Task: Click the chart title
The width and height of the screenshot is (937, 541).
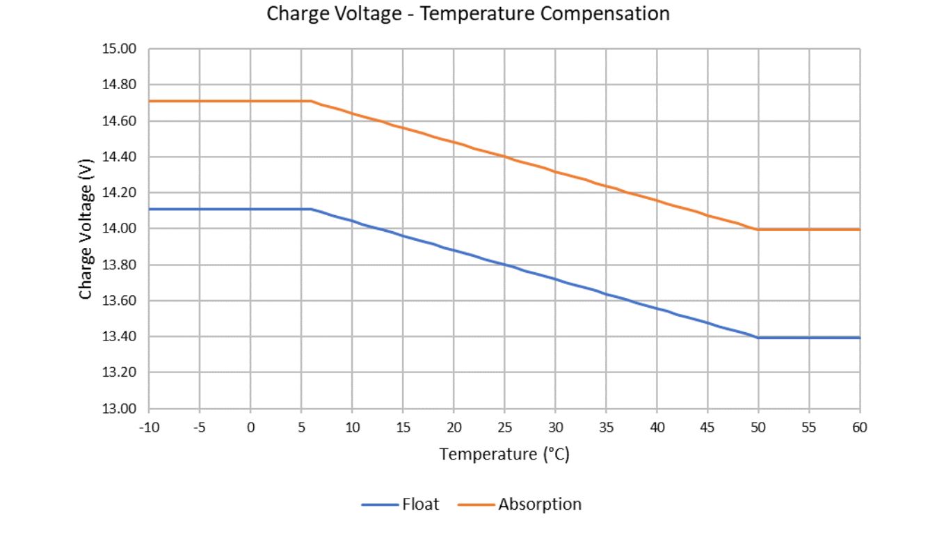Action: click(x=468, y=14)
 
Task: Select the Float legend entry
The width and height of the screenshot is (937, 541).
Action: click(x=420, y=504)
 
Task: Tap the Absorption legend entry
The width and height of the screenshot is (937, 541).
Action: click(x=539, y=504)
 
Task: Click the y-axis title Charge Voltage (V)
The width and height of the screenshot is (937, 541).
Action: click(x=86, y=229)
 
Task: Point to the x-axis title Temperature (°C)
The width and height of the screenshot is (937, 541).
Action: click(x=504, y=455)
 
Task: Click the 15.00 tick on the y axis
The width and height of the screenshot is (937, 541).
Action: click(x=120, y=49)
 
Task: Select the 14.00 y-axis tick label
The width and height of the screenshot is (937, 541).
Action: click(x=120, y=229)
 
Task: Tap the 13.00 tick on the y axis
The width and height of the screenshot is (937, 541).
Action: click(x=120, y=409)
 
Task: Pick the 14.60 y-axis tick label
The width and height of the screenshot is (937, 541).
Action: click(x=120, y=121)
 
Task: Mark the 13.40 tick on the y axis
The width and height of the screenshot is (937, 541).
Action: click(x=120, y=337)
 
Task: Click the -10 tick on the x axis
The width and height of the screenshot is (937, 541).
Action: click(x=149, y=428)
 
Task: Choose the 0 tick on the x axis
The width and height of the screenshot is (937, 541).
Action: click(x=250, y=428)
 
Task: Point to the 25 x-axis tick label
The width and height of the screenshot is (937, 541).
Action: click(x=504, y=428)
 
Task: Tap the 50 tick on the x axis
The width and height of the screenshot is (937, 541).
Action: click(x=758, y=428)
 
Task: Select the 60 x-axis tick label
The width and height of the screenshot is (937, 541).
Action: click(x=860, y=428)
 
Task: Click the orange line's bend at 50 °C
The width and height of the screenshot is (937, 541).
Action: click(x=758, y=229)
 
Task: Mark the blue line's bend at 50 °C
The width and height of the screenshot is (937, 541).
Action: click(x=758, y=338)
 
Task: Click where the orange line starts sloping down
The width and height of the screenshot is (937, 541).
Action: click(x=311, y=101)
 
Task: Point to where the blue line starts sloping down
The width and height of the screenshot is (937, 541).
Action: click(x=311, y=209)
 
